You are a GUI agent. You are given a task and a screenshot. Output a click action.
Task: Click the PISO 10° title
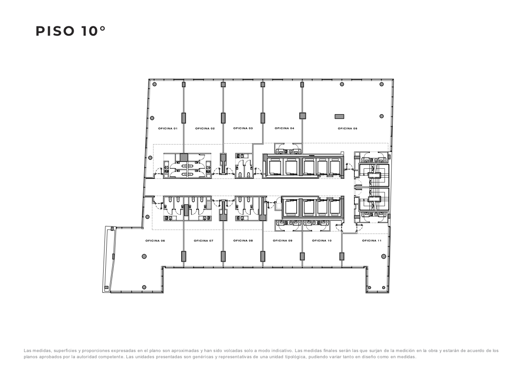click(x=71, y=31)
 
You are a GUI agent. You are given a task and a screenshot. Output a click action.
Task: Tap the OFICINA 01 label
click(x=168, y=129)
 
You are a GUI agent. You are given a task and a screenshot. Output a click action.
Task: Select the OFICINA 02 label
click(x=205, y=129)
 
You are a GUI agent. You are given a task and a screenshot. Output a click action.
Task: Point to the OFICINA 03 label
click(x=243, y=128)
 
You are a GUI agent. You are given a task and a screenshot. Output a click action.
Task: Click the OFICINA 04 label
click(x=285, y=128)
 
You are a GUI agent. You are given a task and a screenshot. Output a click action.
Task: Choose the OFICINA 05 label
click(x=347, y=129)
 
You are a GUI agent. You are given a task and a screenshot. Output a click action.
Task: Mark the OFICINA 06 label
click(x=155, y=241)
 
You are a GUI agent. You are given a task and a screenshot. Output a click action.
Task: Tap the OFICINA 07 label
click(x=204, y=241)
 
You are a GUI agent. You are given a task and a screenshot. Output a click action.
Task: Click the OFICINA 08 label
click(x=243, y=241)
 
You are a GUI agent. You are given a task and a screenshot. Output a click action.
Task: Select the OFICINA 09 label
click(x=283, y=241)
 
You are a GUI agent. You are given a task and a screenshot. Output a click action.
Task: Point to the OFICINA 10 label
click(x=322, y=241)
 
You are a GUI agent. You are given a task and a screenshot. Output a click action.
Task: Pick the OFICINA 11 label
click(x=372, y=241)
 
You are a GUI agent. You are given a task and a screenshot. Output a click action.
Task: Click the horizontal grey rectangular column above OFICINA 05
click(x=339, y=116)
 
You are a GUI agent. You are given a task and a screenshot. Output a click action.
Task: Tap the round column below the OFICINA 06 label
click(x=144, y=256)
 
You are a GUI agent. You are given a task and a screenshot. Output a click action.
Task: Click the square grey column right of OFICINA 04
click(x=302, y=116)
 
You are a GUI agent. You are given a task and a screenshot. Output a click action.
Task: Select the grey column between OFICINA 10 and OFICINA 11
click(x=342, y=256)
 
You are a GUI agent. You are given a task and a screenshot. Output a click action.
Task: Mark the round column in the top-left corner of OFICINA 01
click(x=154, y=84)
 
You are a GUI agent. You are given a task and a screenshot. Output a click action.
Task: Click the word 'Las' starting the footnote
click(x=27, y=351)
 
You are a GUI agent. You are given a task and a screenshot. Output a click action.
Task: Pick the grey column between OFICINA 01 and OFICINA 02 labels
click(x=184, y=118)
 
